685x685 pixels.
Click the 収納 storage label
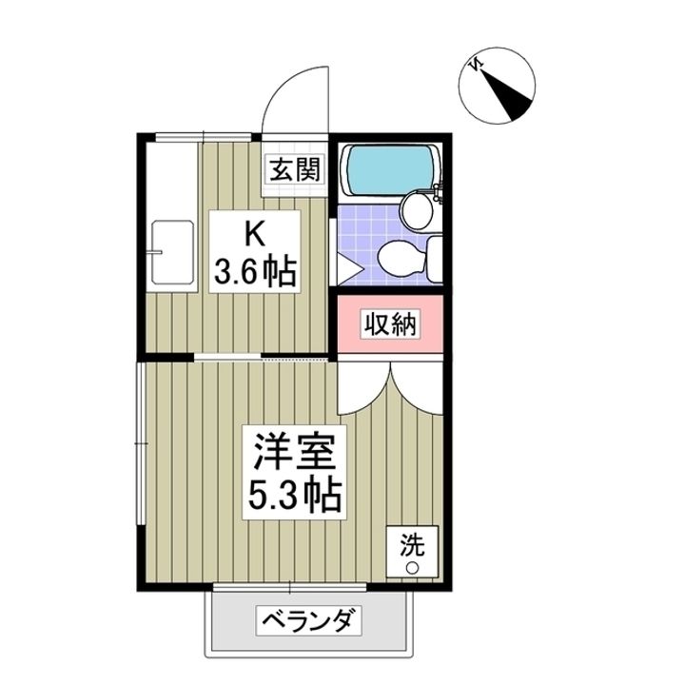point(390,325)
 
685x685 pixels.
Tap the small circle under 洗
point(413,568)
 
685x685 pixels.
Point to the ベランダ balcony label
point(309,623)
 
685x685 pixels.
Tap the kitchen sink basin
point(170,251)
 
